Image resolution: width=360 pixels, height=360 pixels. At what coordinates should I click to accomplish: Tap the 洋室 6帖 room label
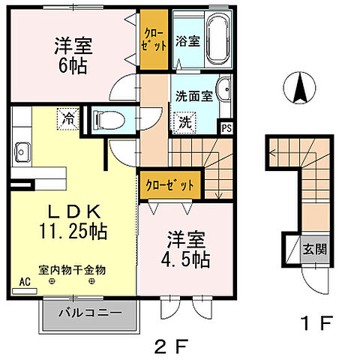coord(72,55)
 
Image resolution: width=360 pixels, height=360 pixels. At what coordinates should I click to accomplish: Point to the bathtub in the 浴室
coord(218,40)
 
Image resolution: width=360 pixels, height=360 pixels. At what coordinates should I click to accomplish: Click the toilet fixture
coord(106,118)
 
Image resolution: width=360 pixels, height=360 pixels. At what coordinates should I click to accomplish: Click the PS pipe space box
coord(226,127)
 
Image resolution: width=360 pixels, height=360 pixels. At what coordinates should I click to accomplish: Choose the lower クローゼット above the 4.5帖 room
coord(169,184)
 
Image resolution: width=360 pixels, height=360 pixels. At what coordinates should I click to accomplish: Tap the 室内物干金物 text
coord(73,268)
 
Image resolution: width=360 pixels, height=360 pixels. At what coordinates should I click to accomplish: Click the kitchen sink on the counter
coord(19,147)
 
